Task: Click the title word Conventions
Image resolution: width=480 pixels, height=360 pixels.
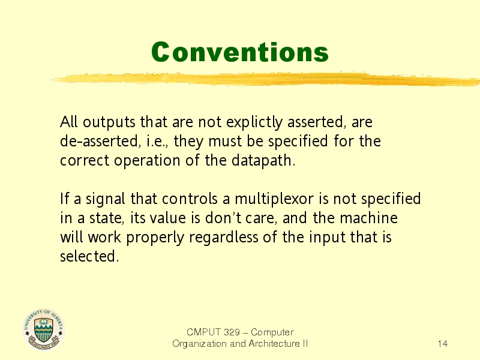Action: (x=239, y=52)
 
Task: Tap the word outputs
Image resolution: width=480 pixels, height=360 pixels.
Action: (x=109, y=122)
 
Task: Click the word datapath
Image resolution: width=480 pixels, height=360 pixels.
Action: (x=263, y=160)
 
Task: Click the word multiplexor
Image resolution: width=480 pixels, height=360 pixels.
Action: (x=274, y=199)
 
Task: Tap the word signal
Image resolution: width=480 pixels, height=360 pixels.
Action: (x=106, y=199)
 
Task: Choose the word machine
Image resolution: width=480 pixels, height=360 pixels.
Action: (x=368, y=218)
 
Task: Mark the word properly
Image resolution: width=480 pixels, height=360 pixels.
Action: (x=155, y=238)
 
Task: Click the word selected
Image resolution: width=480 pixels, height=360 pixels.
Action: (x=89, y=256)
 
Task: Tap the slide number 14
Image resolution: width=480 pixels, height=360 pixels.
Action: (x=443, y=344)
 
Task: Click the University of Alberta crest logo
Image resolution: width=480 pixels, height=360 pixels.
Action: (x=43, y=329)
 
